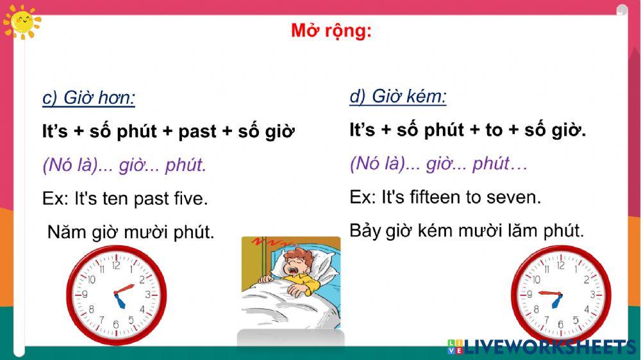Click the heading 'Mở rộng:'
(x=331, y=31)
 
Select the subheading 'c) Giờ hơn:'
(x=88, y=98)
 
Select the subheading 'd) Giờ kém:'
(x=397, y=97)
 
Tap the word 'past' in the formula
(x=197, y=132)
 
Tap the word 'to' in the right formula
(x=494, y=130)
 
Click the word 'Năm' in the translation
(x=66, y=232)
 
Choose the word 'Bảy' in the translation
(x=365, y=230)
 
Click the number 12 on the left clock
(x=116, y=265)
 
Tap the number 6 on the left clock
(x=116, y=323)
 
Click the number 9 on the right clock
(x=529, y=295)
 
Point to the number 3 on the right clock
(x=592, y=295)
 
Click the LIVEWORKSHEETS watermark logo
(x=542, y=347)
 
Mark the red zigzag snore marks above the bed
(x=265, y=243)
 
